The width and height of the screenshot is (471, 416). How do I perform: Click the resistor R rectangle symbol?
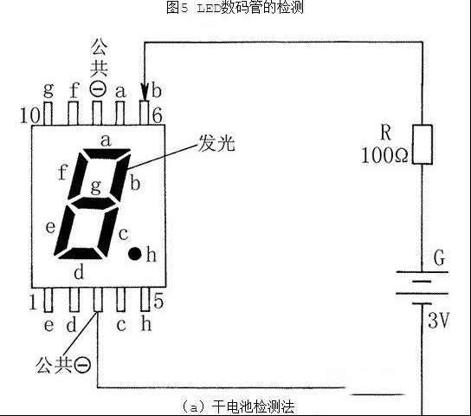(423, 144)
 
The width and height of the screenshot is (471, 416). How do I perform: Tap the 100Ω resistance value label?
(384, 155)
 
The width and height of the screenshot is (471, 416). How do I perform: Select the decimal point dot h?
(134, 254)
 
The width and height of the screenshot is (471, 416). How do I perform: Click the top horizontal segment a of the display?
(107, 153)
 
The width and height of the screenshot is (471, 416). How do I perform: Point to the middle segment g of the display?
(94, 203)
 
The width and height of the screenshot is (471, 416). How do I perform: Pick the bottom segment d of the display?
(81, 253)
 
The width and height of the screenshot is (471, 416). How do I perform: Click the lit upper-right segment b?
(121, 178)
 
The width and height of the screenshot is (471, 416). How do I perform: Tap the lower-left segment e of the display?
(65, 230)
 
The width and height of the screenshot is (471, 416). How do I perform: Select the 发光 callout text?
(216, 143)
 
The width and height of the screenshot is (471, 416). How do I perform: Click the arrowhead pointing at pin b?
(145, 92)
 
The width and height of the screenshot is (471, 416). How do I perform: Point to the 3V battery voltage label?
(437, 320)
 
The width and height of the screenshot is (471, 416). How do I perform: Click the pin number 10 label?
(29, 115)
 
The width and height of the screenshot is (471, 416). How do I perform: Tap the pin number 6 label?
(157, 115)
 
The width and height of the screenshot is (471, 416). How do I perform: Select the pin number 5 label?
(158, 301)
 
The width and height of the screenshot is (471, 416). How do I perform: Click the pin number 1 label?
(34, 302)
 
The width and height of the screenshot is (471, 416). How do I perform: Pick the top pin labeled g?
(48, 114)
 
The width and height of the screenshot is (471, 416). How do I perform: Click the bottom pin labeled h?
(145, 299)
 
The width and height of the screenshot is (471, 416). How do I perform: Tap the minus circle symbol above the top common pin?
(98, 89)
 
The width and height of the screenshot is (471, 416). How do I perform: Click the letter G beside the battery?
(440, 258)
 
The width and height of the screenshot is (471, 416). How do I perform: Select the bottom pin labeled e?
(48, 300)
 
